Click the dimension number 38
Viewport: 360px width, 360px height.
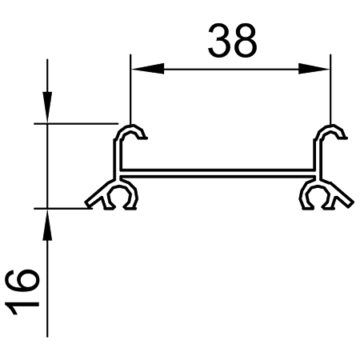pos(232,40)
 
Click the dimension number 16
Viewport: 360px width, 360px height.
pos(22,292)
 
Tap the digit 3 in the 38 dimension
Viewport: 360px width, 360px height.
pos(220,40)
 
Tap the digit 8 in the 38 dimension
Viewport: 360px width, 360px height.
pos(245,40)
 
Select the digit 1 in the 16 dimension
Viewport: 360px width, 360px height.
pos(22,307)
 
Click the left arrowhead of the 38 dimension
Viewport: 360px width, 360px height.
pos(148,69)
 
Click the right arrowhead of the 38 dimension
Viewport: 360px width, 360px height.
pos(314,69)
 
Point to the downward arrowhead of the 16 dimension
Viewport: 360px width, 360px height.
pos(47,107)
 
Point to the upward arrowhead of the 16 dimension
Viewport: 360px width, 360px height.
pos(47,225)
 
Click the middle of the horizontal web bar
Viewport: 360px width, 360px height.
pos(218,173)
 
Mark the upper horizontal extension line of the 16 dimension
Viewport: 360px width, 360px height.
pos(76,123)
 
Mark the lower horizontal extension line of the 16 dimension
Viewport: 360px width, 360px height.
pos(63,209)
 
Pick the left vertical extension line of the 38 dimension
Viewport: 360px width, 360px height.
pos(130,90)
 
